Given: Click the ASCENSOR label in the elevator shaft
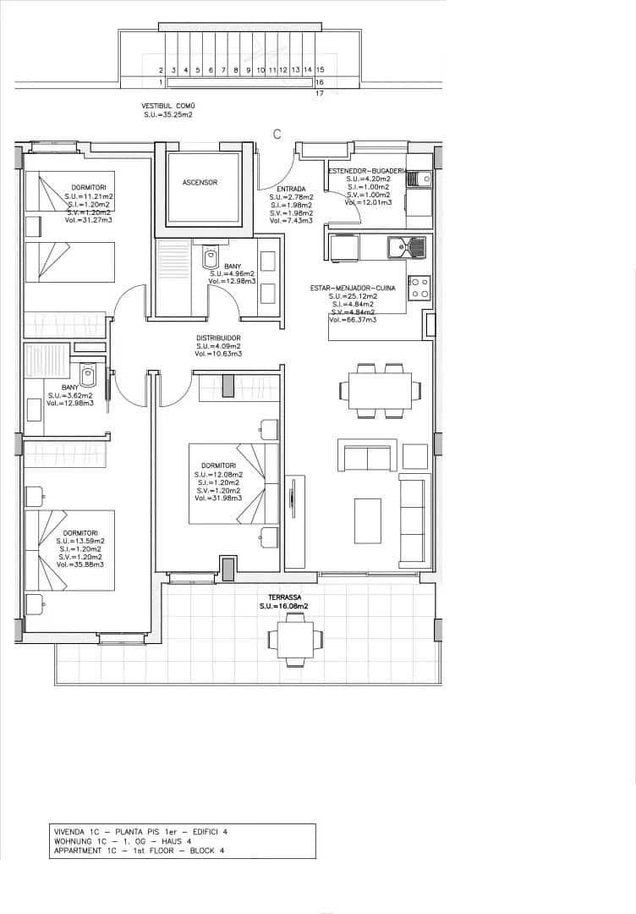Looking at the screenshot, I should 200,183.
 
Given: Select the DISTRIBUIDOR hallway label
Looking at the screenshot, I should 218,338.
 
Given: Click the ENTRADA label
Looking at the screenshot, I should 279,189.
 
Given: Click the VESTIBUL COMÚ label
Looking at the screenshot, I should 167,107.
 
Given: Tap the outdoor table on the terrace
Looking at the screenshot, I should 294,637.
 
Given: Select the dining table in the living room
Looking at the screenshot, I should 380,390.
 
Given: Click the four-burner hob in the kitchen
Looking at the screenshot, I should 419,288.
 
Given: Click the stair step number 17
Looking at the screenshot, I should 320,94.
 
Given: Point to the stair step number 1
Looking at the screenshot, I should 161,83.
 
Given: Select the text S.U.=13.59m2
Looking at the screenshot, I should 80,541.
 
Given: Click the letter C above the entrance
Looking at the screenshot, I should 277,134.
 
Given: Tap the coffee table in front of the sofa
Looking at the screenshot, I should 368,520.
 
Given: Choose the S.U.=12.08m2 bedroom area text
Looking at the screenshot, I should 218,475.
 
